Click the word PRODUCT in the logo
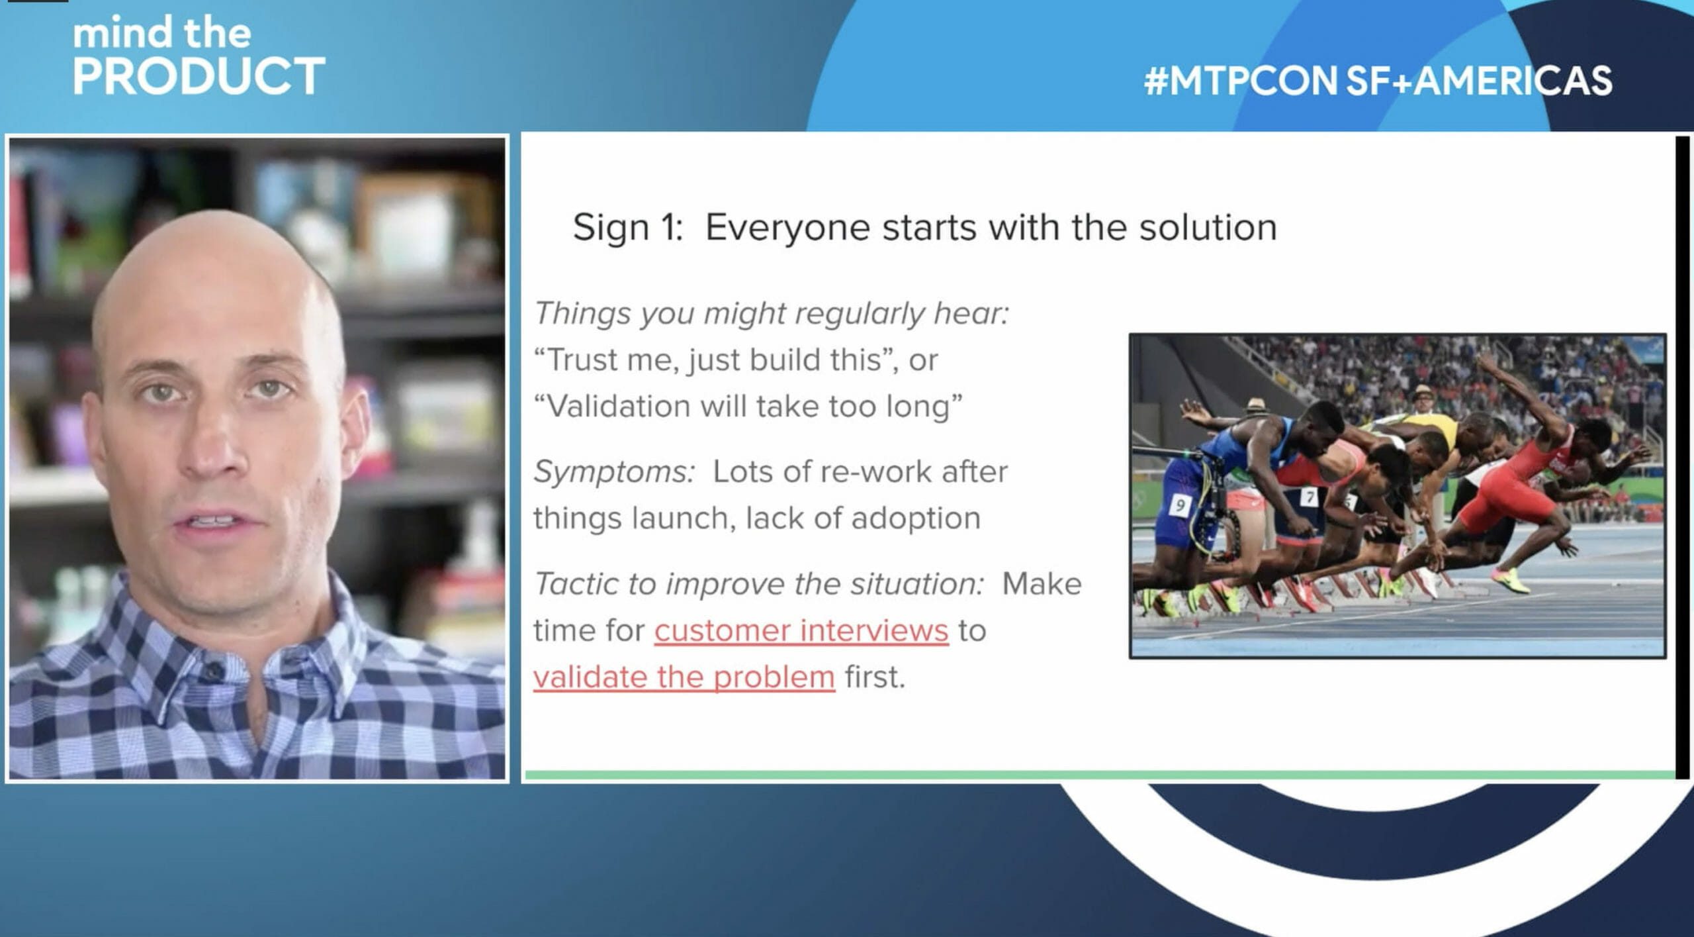click(x=199, y=76)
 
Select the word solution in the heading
click(x=1208, y=228)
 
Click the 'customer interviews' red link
click(x=801, y=630)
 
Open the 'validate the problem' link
click(x=684, y=677)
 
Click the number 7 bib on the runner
click(x=1310, y=497)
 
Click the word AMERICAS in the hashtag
click(x=1513, y=81)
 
